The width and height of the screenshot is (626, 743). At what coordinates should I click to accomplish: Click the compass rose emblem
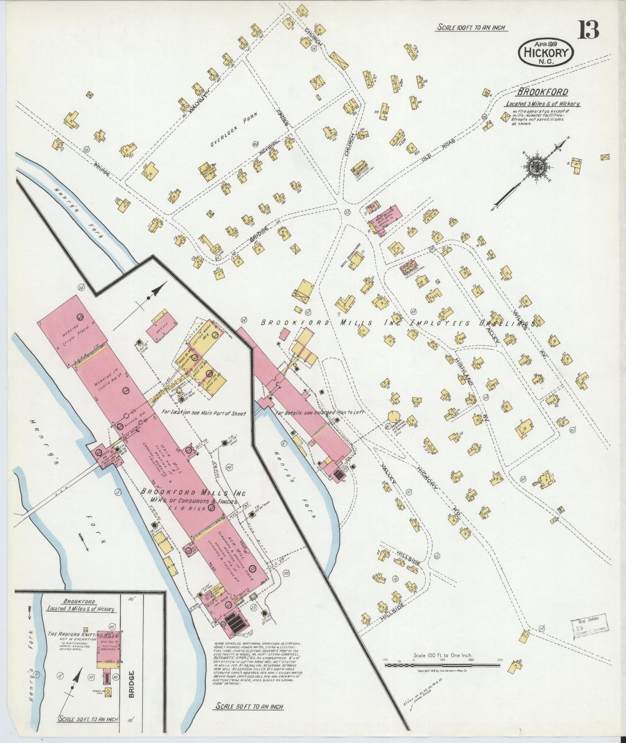538,166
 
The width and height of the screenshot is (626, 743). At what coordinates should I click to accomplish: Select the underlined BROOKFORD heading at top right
542,92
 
